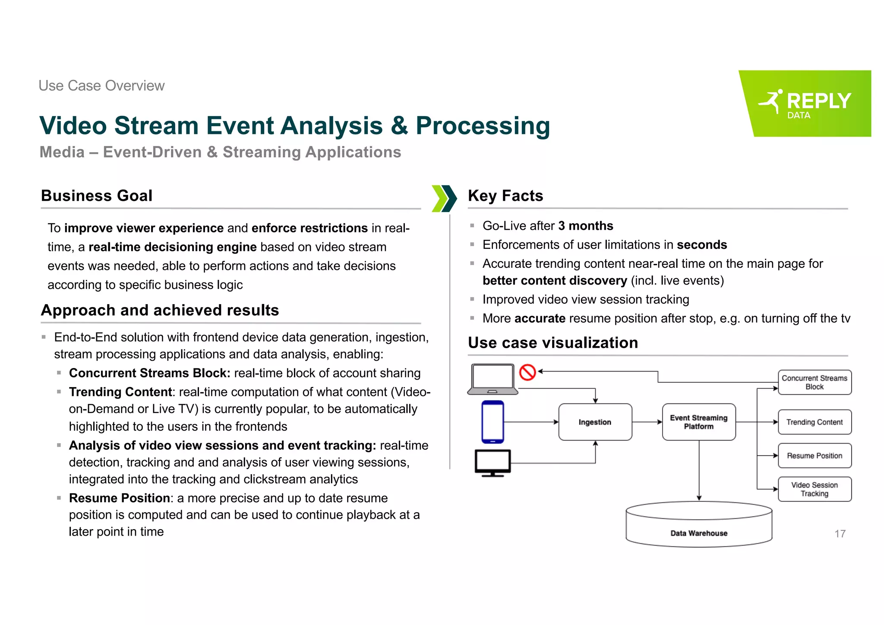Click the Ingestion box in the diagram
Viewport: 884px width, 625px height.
(x=595, y=422)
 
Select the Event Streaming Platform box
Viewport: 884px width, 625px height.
(x=698, y=422)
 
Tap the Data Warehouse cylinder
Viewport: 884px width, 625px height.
(x=698, y=525)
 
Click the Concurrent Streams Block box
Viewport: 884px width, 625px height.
(x=815, y=382)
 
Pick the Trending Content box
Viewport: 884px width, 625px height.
(x=815, y=422)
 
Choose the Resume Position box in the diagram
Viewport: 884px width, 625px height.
(x=815, y=456)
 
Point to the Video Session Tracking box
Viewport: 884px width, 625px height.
(x=815, y=489)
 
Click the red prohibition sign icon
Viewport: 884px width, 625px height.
(x=527, y=372)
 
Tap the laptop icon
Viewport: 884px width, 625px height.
(x=493, y=379)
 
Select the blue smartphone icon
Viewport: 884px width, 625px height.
(x=493, y=422)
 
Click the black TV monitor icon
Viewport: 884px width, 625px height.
(x=493, y=463)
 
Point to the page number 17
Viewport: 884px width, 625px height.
(x=840, y=534)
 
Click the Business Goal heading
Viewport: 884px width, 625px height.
(x=97, y=196)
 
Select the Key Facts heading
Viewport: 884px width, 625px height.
(x=505, y=196)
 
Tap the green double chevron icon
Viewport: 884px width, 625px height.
(x=444, y=199)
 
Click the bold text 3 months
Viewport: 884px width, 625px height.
(x=585, y=226)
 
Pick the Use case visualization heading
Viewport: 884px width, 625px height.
(x=553, y=343)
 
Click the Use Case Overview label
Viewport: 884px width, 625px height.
(x=101, y=86)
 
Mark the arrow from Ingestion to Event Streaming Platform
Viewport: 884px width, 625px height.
(x=647, y=422)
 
